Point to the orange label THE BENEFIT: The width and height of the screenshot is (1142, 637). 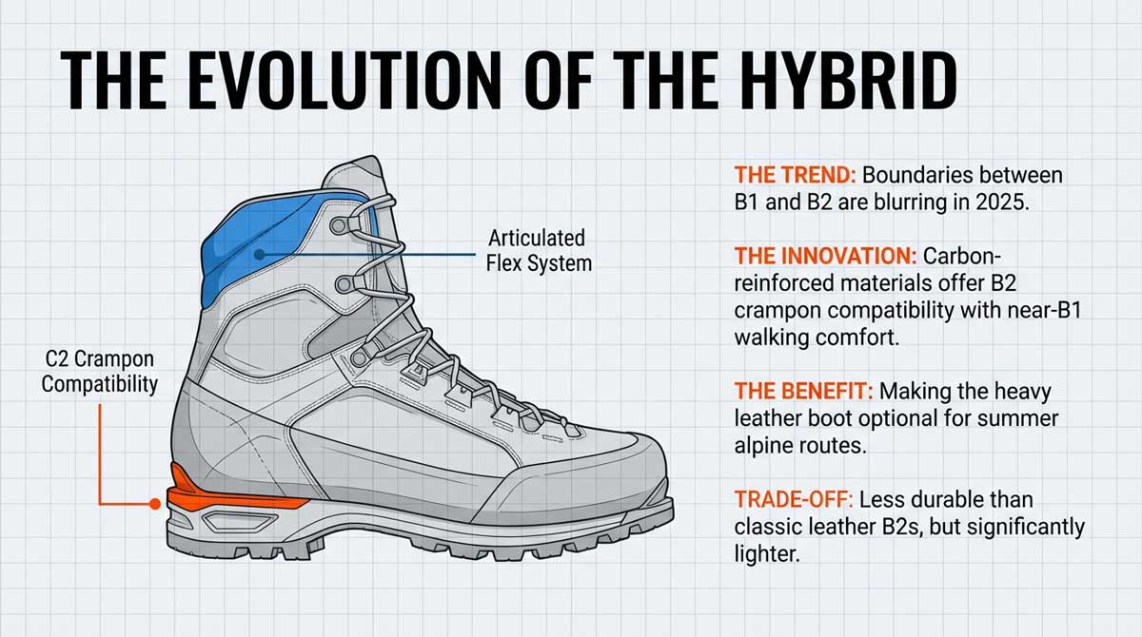coord(804,391)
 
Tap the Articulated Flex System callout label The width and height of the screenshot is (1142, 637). coord(538,250)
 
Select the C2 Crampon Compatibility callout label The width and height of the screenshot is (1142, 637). coord(99,372)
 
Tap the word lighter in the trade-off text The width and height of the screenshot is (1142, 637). coord(764,553)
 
